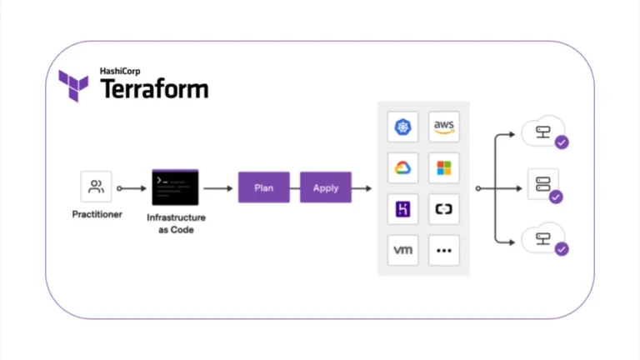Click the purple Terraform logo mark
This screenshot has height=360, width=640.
pyautogui.click(x=73, y=85)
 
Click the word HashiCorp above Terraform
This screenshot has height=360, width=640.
pyautogui.click(x=122, y=72)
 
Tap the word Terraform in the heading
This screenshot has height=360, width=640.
pyautogui.click(x=154, y=89)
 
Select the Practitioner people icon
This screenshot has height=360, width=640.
pyautogui.click(x=96, y=187)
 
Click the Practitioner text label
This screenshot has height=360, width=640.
pyautogui.click(x=97, y=214)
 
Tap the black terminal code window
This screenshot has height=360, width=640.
pyautogui.click(x=175, y=187)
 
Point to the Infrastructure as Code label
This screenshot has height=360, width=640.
pyautogui.click(x=176, y=223)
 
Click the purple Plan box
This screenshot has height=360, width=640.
pyautogui.click(x=264, y=187)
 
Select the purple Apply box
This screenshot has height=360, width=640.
pyautogui.click(x=325, y=187)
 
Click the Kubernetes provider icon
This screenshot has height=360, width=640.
pyautogui.click(x=403, y=127)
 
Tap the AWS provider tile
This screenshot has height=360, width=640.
pyautogui.click(x=444, y=127)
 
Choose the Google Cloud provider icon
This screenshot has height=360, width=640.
pyautogui.click(x=403, y=168)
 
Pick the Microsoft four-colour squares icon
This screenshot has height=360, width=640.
pyautogui.click(x=444, y=168)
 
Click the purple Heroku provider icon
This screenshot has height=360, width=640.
pyautogui.click(x=403, y=209)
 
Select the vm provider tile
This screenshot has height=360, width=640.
pyautogui.click(x=403, y=250)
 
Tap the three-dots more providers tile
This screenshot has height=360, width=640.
pyautogui.click(x=444, y=250)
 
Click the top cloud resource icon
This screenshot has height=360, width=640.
pyautogui.click(x=541, y=131)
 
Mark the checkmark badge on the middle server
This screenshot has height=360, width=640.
pyautogui.click(x=556, y=197)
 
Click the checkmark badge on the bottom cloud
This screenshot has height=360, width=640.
pyautogui.click(x=562, y=248)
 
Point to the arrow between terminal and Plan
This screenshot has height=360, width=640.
pyautogui.click(x=217, y=188)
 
